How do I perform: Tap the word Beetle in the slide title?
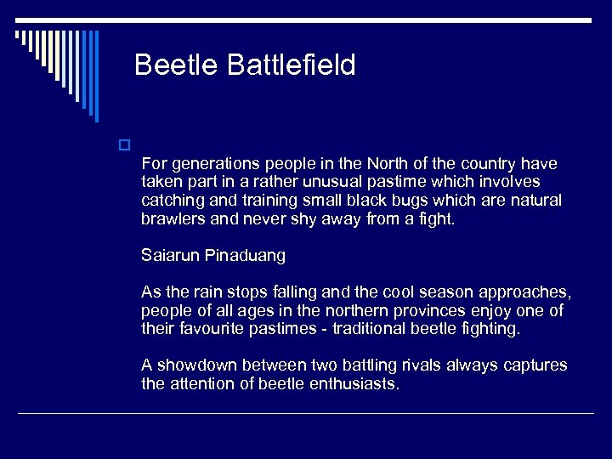tap(177, 65)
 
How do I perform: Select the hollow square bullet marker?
tap(124, 144)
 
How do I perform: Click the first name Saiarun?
tap(171, 255)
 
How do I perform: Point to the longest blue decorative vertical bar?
tap(95, 76)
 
